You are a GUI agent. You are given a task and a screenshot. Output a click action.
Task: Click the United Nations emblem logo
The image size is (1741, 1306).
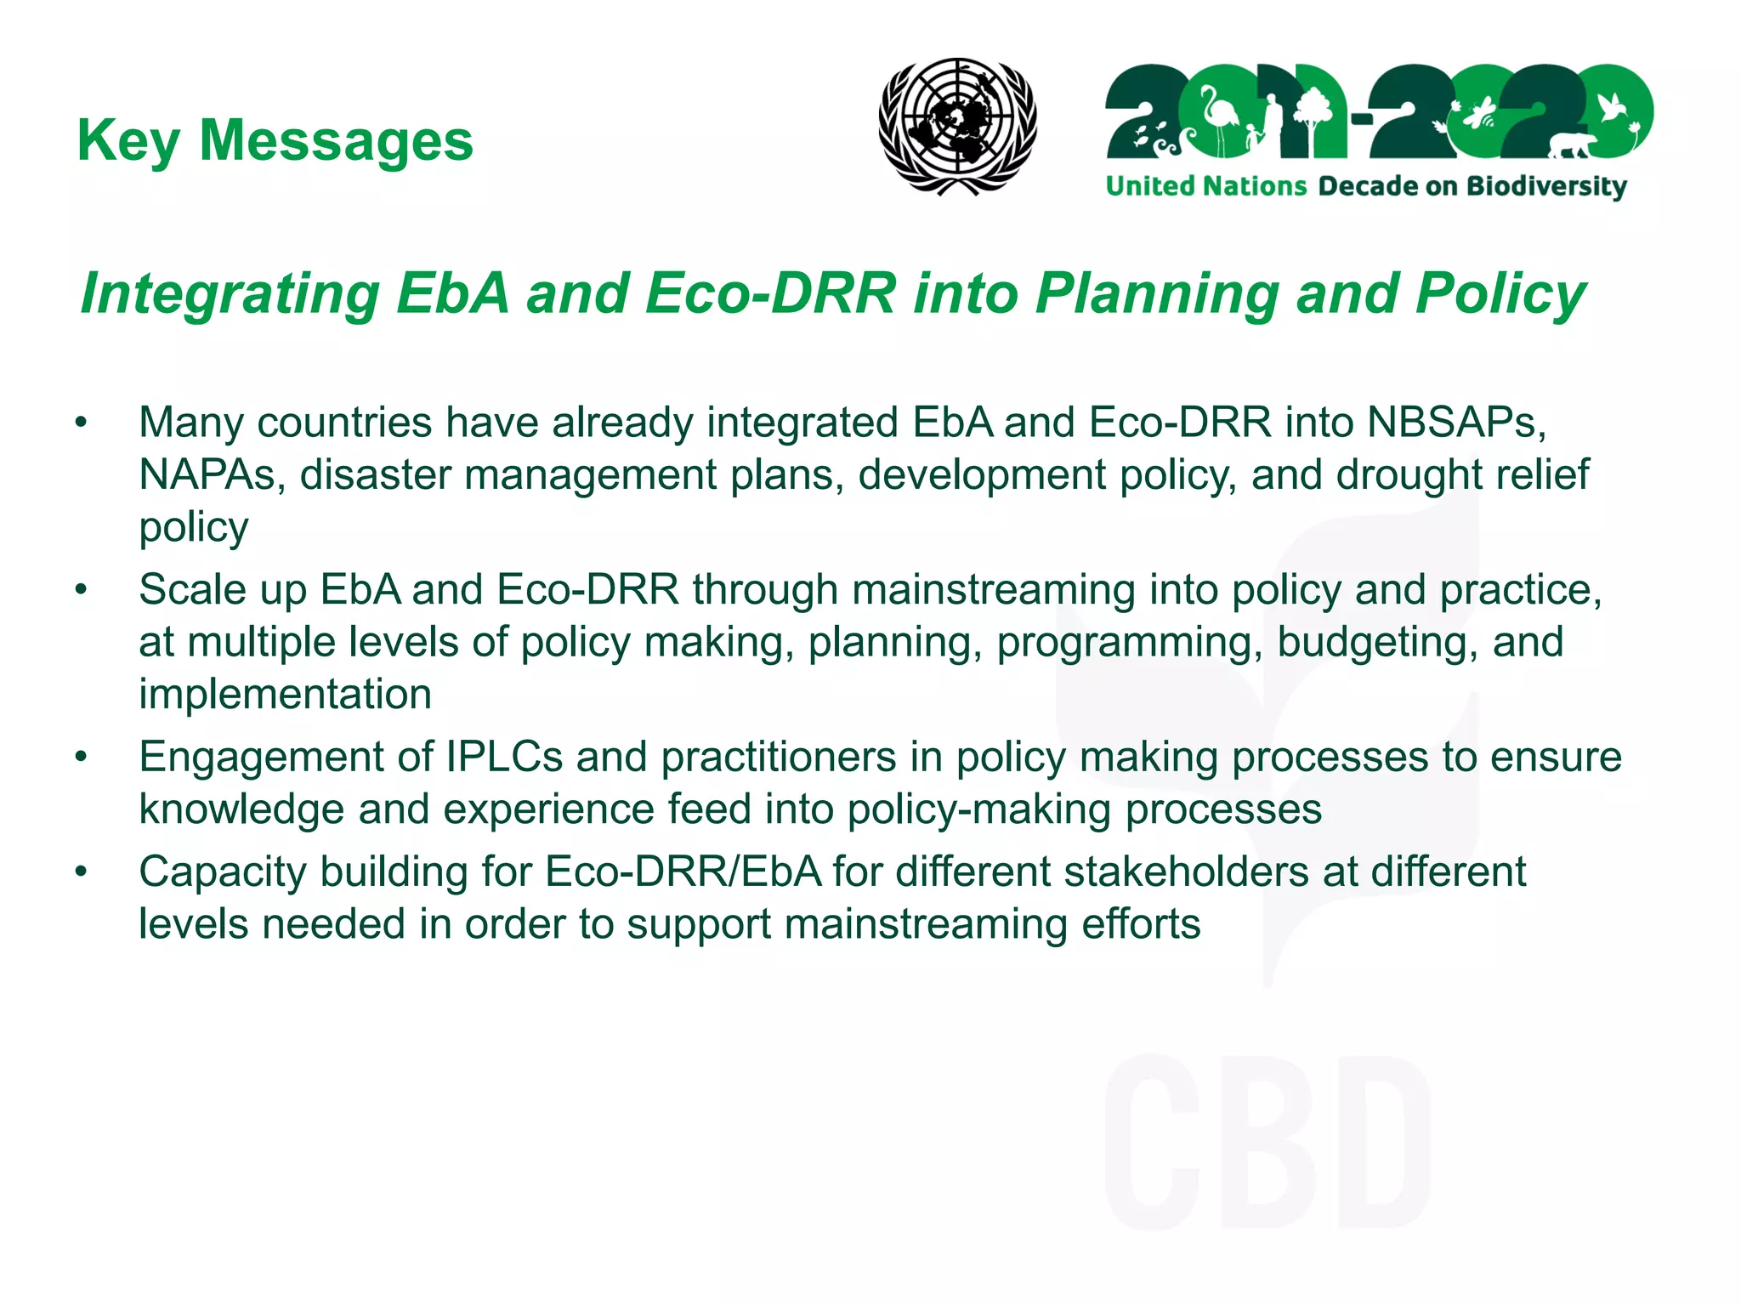click(957, 126)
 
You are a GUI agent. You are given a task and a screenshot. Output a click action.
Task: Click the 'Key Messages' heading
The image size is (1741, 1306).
click(275, 140)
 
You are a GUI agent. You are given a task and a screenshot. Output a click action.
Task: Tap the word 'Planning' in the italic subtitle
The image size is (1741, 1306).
click(1157, 294)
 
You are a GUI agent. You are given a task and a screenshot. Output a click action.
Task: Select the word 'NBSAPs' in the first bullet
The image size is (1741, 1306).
click(1455, 423)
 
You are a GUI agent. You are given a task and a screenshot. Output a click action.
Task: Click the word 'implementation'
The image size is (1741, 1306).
click(286, 694)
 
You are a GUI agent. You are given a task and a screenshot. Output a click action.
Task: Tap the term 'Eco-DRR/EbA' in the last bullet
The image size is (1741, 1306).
click(683, 872)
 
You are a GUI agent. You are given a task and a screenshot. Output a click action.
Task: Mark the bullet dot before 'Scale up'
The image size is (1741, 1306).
click(81, 589)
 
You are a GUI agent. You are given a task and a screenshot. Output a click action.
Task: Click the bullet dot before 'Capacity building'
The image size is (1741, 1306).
click(81, 872)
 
